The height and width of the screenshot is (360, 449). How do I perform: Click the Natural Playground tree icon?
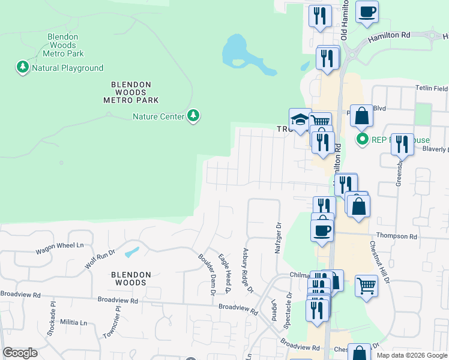tap(23, 67)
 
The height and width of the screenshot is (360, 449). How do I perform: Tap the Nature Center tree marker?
tap(193, 116)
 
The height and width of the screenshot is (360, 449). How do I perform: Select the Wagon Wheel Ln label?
tap(59, 245)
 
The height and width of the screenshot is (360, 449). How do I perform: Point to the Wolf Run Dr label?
tap(100, 260)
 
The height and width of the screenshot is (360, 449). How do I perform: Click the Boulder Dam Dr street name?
tap(206, 274)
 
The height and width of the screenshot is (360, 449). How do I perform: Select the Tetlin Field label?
tap(432, 88)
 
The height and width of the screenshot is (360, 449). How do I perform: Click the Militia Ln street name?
tap(73, 322)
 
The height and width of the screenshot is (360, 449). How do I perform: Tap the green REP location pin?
tap(363, 140)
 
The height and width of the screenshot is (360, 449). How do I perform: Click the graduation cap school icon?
tap(300, 119)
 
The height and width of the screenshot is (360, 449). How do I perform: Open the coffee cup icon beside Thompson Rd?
tap(322, 230)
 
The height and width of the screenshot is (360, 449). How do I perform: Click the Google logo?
tap(20, 353)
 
